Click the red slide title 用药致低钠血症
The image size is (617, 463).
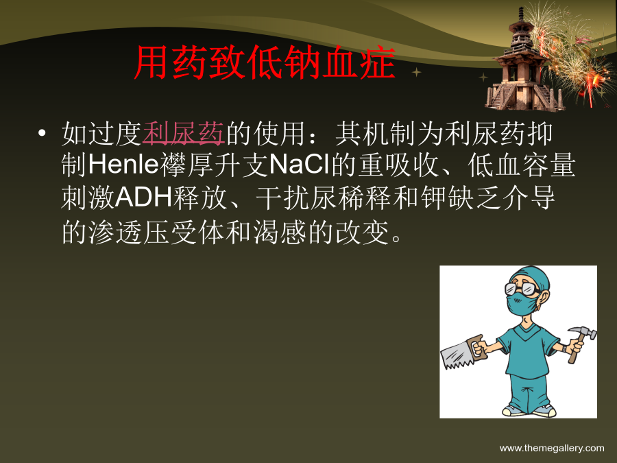click(265, 62)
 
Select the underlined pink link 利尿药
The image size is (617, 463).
click(183, 133)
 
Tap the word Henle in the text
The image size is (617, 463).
click(123, 164)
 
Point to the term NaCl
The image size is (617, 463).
click(300, 164)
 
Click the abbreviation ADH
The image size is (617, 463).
click(144, 198)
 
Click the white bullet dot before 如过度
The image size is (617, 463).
click(42, 132)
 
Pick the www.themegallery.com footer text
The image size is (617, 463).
click(552, 448)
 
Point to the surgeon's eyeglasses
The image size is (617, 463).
click(522, 289)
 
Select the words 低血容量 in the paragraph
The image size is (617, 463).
click(522, 165)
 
